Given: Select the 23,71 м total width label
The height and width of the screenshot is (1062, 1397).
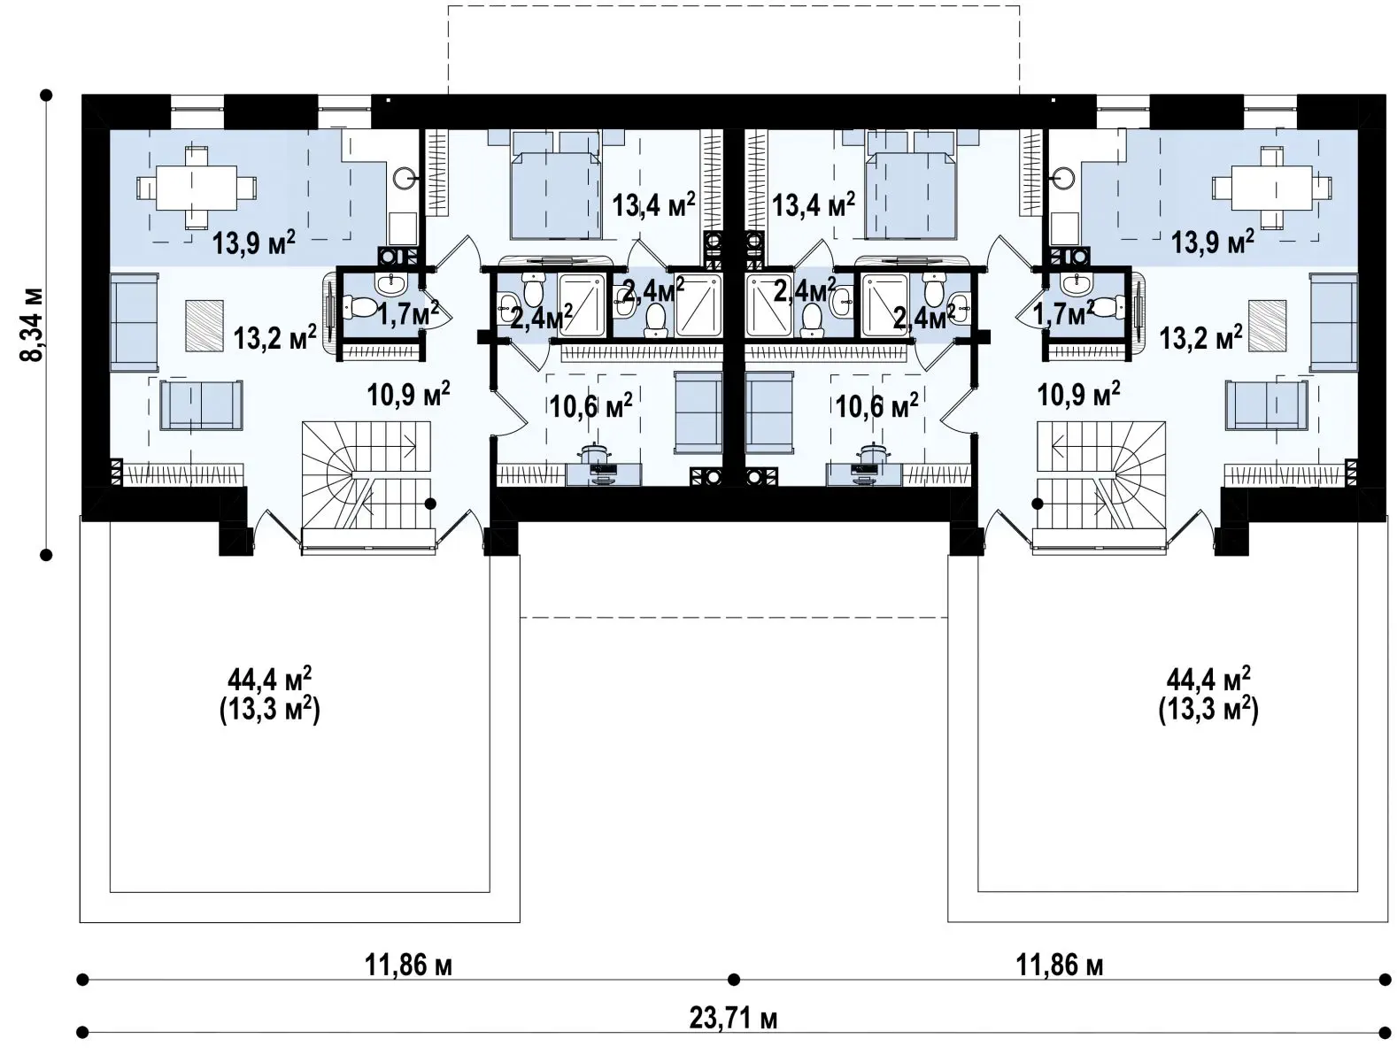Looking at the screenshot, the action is [x=732, y=1019].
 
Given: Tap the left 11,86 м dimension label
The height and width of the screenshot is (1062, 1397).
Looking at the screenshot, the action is [x=408, y=965].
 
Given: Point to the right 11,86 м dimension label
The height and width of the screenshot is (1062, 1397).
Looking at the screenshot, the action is [x=1059, y=965].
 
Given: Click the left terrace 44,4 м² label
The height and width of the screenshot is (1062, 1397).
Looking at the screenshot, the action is [x=269, y=680].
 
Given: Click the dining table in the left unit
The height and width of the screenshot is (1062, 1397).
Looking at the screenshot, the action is [x=197, y=188].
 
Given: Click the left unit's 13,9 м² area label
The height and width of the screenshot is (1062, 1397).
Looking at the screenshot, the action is [x=253, y=242].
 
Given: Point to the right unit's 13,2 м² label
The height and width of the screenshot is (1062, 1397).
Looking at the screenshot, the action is [x=1200, y=337].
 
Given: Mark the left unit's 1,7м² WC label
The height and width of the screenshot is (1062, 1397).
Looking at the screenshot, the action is [x=408, y=312].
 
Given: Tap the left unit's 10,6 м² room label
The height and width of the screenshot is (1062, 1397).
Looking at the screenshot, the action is [x=590, y=405].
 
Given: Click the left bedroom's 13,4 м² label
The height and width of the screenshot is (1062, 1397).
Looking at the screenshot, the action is [x=653, y=204].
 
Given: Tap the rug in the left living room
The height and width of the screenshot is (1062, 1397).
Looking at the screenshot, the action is [x=205, y=326].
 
